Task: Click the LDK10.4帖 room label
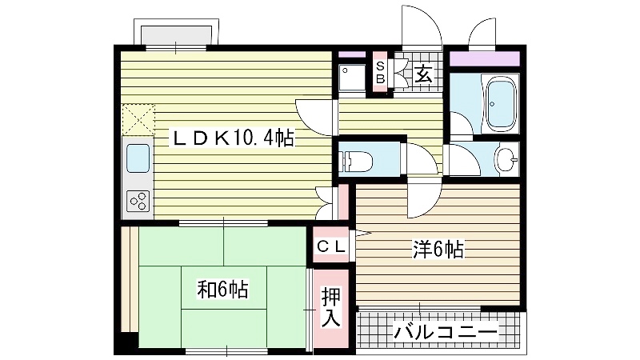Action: pos(232,138)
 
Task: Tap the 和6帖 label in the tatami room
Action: pos(223,290)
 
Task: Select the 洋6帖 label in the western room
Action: pos(438,250)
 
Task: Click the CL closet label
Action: pos(331,246)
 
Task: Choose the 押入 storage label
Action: pos(330,306)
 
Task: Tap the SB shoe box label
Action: pos(380,73)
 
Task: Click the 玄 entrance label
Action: pos(423,74)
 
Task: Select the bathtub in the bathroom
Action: pos(500,102)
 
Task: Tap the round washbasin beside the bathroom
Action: pos(506,159)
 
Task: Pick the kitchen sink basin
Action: pos(138,158)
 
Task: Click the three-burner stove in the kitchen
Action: pos(138,201)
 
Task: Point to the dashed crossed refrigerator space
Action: pos(138,119)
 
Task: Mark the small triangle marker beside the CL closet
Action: pos(362,234)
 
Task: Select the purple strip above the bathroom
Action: pos(485,58)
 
